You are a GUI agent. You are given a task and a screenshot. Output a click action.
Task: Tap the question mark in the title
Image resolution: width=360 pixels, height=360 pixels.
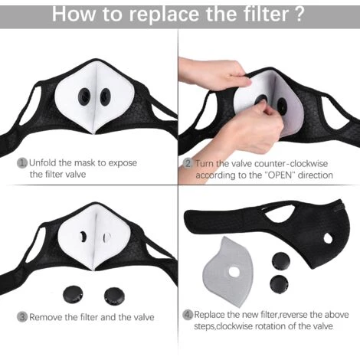(x=299, y=14)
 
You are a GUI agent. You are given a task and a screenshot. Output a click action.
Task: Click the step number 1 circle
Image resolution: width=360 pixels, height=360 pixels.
(x=22, y=163)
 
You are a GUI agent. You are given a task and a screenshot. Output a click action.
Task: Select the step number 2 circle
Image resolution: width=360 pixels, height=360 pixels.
(x=188, y=163)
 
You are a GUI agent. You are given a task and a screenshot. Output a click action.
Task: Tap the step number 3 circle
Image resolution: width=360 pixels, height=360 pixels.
(x=22, y=317)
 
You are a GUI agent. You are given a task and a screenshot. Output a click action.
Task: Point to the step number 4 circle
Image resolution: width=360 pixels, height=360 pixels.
(x=188, y=315)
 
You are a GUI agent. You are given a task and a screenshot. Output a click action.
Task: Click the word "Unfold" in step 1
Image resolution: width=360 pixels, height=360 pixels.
(x=43, y=163)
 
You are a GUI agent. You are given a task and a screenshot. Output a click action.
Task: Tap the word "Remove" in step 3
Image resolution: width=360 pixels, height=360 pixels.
(x=46, y=317)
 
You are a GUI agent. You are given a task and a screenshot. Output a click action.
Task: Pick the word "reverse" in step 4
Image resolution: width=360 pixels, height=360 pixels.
(x=293, y=315)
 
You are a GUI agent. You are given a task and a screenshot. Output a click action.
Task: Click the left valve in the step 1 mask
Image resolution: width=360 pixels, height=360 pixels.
(x=84, y=97)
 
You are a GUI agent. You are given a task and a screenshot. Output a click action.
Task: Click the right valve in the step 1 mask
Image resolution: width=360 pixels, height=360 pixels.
(x=105, y=97)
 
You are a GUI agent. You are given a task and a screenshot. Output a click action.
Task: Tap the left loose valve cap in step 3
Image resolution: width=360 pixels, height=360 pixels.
(x=73, y=295)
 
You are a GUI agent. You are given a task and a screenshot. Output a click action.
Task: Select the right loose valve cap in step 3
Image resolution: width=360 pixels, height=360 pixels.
(x=115, y=296)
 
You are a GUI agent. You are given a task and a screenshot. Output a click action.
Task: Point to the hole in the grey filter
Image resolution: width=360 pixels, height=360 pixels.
(x=234, y=272)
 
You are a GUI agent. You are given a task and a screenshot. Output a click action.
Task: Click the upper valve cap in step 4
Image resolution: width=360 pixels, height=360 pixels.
(x=281, y=261)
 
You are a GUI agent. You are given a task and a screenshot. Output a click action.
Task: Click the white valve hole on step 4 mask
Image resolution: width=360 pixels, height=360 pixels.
(x=328, y=238)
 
